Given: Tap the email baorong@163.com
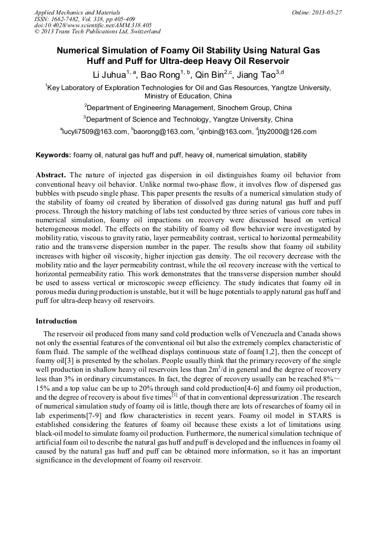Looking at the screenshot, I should click(x=163, y=132).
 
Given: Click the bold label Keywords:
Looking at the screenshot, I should click(x=53, y=155).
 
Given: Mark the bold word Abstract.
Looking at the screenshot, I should click(x=51, y=175).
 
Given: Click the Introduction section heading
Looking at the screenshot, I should click(x=56, y=321).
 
